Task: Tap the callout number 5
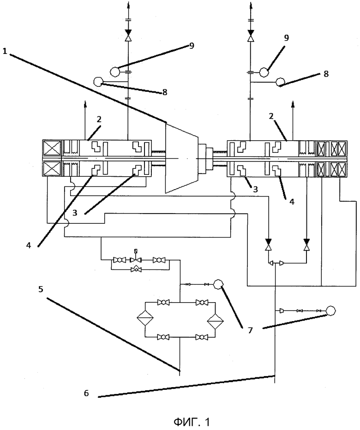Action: pos(41,289)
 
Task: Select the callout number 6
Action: pos(86,393)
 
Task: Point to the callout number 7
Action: pos(250,330)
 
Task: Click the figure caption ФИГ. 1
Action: pos(192,422)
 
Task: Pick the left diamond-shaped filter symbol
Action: pos(145,319)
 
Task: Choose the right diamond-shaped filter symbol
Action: pos(216,319)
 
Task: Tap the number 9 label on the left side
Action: pos(191,46)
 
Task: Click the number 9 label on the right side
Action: pos(286,38)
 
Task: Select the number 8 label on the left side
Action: pos(165,92)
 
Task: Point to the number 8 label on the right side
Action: pos(326,74)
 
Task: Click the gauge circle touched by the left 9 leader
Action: pos(114,72)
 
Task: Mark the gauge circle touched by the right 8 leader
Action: pos(281,82)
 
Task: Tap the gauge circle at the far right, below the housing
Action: pos(330,310)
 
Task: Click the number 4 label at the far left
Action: pos(29,245)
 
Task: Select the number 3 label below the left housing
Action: pos(75,213)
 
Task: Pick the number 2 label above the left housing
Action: pos(99,119)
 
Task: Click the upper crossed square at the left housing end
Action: pos(52,149)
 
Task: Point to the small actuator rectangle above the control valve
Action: pos(135,251)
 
